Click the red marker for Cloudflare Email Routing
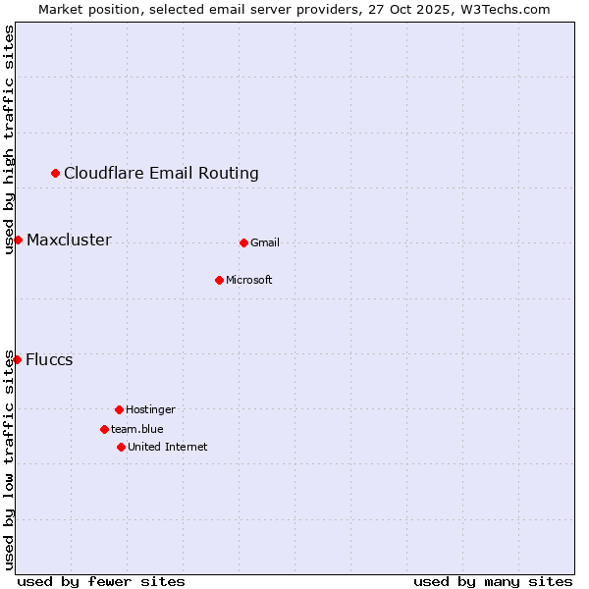click(x=56, y=174)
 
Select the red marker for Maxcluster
click(x=18, y=241)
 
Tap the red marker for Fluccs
click(x=17, y=359)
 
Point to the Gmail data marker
click(x=243, y=242)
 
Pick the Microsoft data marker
click(x=219, y=280)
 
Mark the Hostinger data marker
click(x=119, y=409)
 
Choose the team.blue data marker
click(x=104, y=429)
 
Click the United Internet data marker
click(x=121, y=447)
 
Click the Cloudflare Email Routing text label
click(x=161, y=174)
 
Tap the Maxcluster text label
click(x=69, y=241)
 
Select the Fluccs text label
click(x=49, y=359)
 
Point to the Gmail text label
click(x=265, y=242)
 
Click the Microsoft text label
click(x=249, y=280)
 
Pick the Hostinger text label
click(x=150, y=409)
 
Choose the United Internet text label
click(x=167, y=447)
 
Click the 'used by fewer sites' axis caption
click(x=101, y=581)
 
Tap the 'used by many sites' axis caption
click(x=493, y=581)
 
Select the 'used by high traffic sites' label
click(x=10, y=140)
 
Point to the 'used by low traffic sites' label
click(x=10, y=459)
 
